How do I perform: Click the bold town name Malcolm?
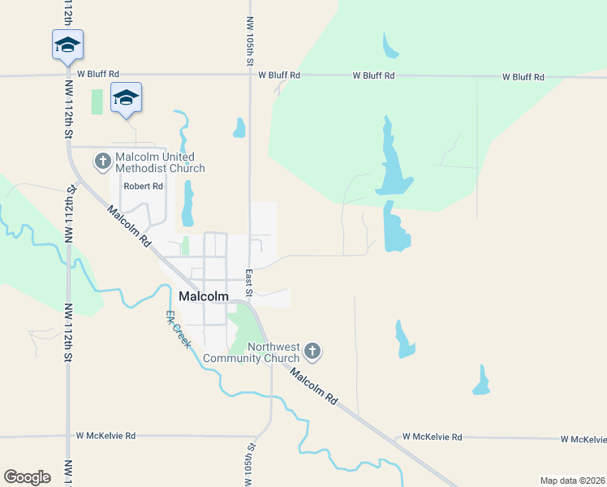[204, 296]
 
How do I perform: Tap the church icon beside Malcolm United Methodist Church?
[103, 162]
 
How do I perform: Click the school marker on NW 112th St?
[67, 45]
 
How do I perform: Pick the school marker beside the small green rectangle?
[126, 97]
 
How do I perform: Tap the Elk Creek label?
[179, 330]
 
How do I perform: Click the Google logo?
[27, 477]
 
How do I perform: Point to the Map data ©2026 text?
[571, 480]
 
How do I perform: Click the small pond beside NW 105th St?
[239, 127]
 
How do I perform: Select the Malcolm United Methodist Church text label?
[160, 162]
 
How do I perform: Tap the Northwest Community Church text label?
[252, 352]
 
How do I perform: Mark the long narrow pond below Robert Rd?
[188, 203]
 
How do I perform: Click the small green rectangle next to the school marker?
[97, 101]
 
